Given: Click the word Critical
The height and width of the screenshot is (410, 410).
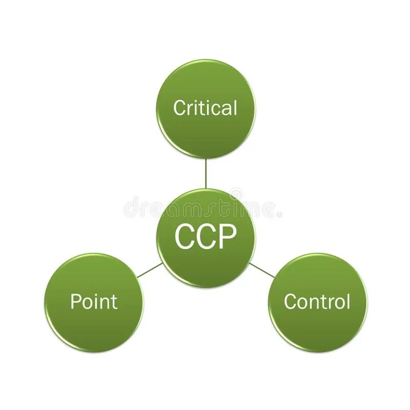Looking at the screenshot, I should [x=205, y=108].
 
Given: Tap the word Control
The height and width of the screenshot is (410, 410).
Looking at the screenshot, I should [x=317, y=301].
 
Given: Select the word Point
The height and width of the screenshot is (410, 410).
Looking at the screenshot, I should [x=94, y=301].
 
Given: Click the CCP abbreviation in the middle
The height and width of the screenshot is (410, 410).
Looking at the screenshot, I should [x=206, y=236].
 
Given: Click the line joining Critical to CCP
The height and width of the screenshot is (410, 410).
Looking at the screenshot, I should [x=206, y=173].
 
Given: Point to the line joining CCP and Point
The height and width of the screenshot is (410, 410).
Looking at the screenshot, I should [x=150, y=270].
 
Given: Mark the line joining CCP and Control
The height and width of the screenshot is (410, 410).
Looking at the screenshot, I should [x=261, y=270].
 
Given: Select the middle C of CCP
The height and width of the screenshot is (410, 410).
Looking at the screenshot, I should [x=206, y=236].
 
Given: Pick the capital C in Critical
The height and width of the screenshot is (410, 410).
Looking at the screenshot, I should [x=179, y=108].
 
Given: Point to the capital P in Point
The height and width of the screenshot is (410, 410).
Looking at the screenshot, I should [x=75, y=301].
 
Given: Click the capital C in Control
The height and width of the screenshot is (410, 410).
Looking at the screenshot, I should [x=290, y=301].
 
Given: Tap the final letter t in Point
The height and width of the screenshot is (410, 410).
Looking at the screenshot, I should [x=114, y=301].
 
